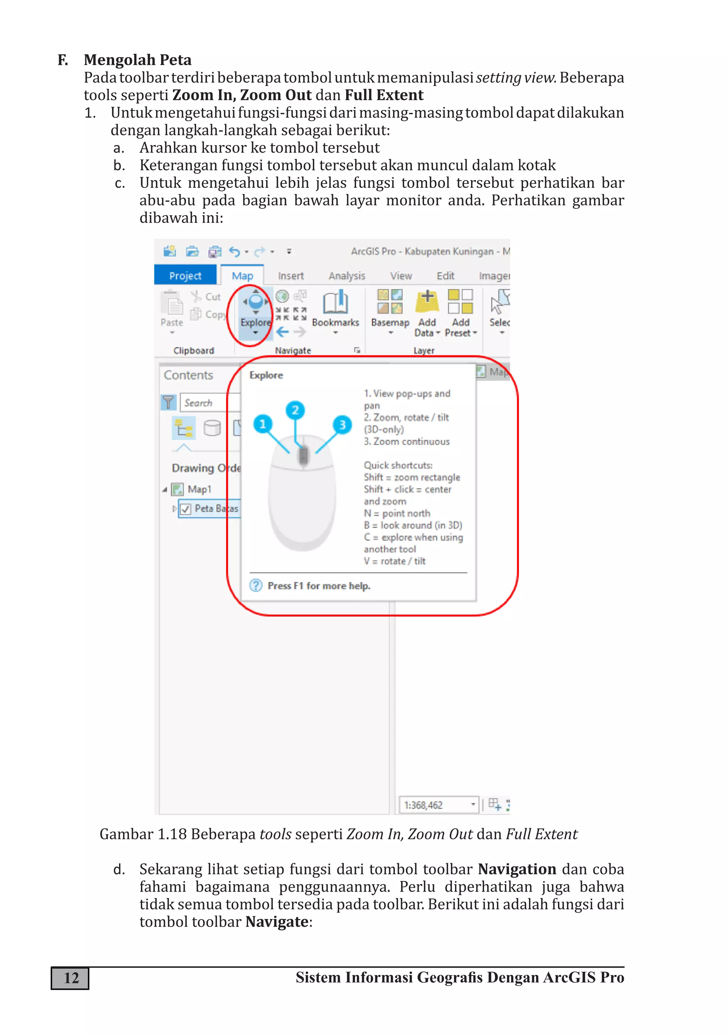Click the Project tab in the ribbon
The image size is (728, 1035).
coord(185,275)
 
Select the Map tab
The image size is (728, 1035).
coord(242,275)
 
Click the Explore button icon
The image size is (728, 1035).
coord(256,301)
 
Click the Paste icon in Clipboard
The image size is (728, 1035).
coord(172,304)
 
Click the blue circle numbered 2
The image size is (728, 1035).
coord(295,410)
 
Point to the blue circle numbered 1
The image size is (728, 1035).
coord(263,424)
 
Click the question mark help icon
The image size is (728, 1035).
coord(256,586)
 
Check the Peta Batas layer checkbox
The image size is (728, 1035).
coord(186,509)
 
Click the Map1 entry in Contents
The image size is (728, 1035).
coord(199,489)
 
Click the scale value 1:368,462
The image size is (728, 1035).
coord(423,805)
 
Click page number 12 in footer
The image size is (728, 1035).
coord(71,978)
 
